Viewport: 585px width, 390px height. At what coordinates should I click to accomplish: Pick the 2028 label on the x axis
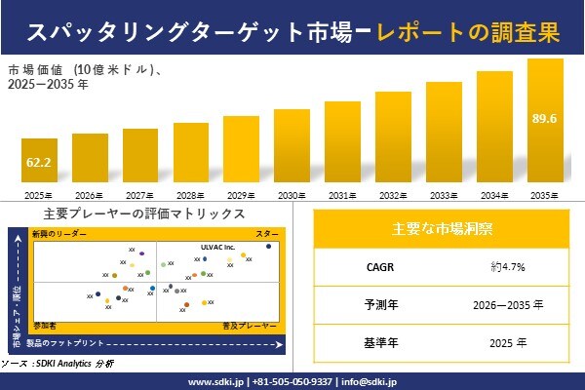(190, 196)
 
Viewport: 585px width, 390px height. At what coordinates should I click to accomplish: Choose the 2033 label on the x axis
(444, 196)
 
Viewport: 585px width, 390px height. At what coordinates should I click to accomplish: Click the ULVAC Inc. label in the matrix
(218, 247)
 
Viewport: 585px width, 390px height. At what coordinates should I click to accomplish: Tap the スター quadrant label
(266, 235)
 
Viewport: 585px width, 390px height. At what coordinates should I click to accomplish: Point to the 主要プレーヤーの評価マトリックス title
(144, 214)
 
